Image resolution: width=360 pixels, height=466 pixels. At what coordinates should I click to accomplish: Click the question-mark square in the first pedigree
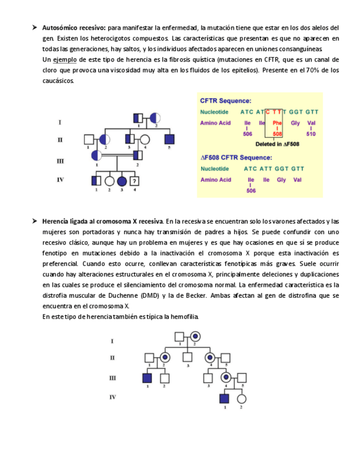point(135,180)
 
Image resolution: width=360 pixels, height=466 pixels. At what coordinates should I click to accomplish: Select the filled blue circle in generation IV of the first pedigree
point(121,180)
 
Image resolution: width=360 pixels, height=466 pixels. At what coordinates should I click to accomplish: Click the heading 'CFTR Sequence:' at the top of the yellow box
point(226,101)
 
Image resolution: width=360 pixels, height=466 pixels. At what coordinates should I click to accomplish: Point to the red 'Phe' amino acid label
point(277,123)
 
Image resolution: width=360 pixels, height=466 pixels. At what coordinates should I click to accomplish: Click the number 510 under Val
point(311,134)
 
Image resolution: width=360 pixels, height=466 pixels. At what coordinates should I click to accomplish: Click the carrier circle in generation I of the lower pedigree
point(195,335)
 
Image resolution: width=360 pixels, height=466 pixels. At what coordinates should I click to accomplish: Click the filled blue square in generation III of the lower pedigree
point(147,378)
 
